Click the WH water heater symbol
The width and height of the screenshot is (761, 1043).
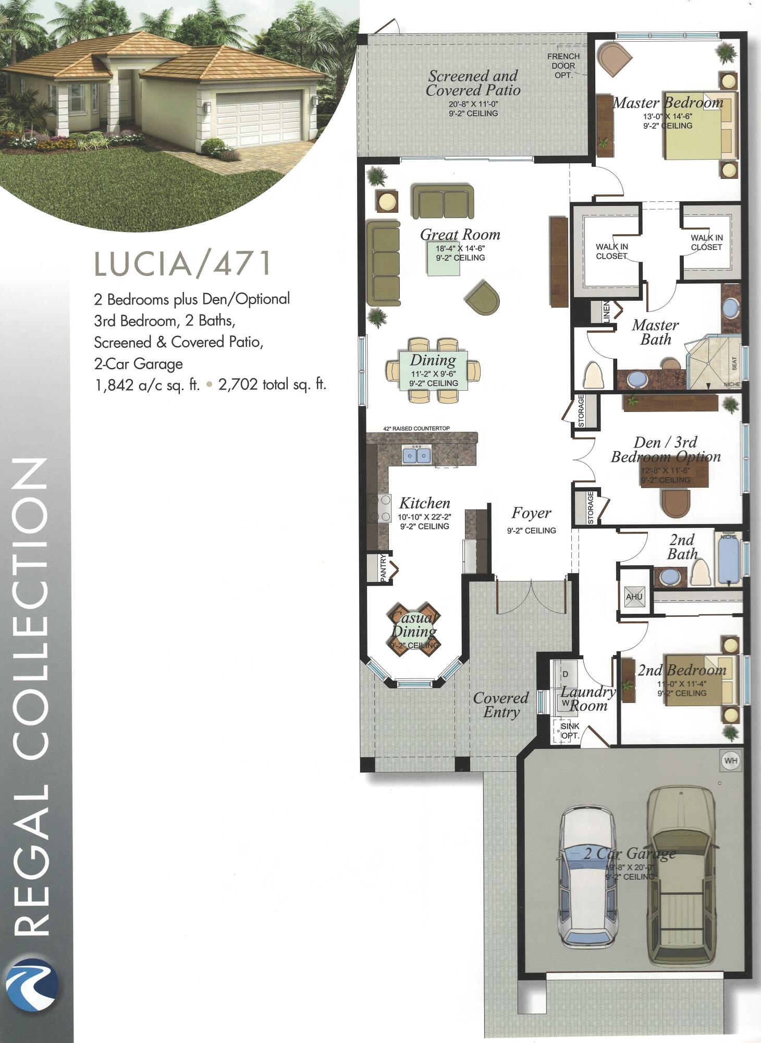730,761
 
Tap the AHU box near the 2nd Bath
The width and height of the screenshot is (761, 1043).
634,597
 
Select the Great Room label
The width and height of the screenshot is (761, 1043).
460,235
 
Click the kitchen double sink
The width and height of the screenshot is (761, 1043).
416,455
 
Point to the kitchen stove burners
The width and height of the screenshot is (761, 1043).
380,508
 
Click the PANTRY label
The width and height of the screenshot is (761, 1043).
383,568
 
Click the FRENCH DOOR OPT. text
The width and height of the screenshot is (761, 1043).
563,66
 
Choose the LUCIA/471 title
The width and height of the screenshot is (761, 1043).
183,263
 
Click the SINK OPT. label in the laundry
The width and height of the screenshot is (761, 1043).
569,731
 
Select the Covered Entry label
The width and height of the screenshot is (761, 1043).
500,705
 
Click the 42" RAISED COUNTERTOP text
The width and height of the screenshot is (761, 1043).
416,428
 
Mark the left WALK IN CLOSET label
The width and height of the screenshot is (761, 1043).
612,251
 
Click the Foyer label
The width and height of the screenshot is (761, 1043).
531,513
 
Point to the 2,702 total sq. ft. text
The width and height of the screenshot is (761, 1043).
272,385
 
